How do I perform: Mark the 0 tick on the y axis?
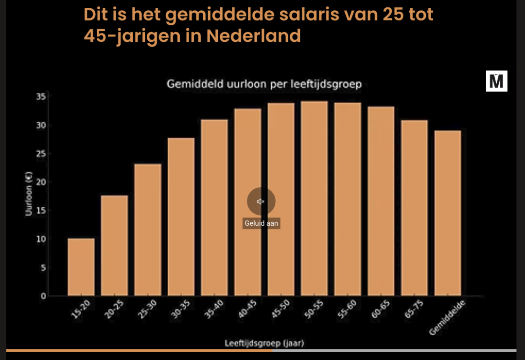[43, 296]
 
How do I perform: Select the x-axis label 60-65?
[380, 311]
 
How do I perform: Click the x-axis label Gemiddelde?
[448, 318]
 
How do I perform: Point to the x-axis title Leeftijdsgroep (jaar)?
[264, 343]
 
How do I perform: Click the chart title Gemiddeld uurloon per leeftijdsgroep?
[264, 84]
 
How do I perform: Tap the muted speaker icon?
[261, 201]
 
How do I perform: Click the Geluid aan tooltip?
[262, 223]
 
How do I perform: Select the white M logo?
[496, 81]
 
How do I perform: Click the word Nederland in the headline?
[253, 36]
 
